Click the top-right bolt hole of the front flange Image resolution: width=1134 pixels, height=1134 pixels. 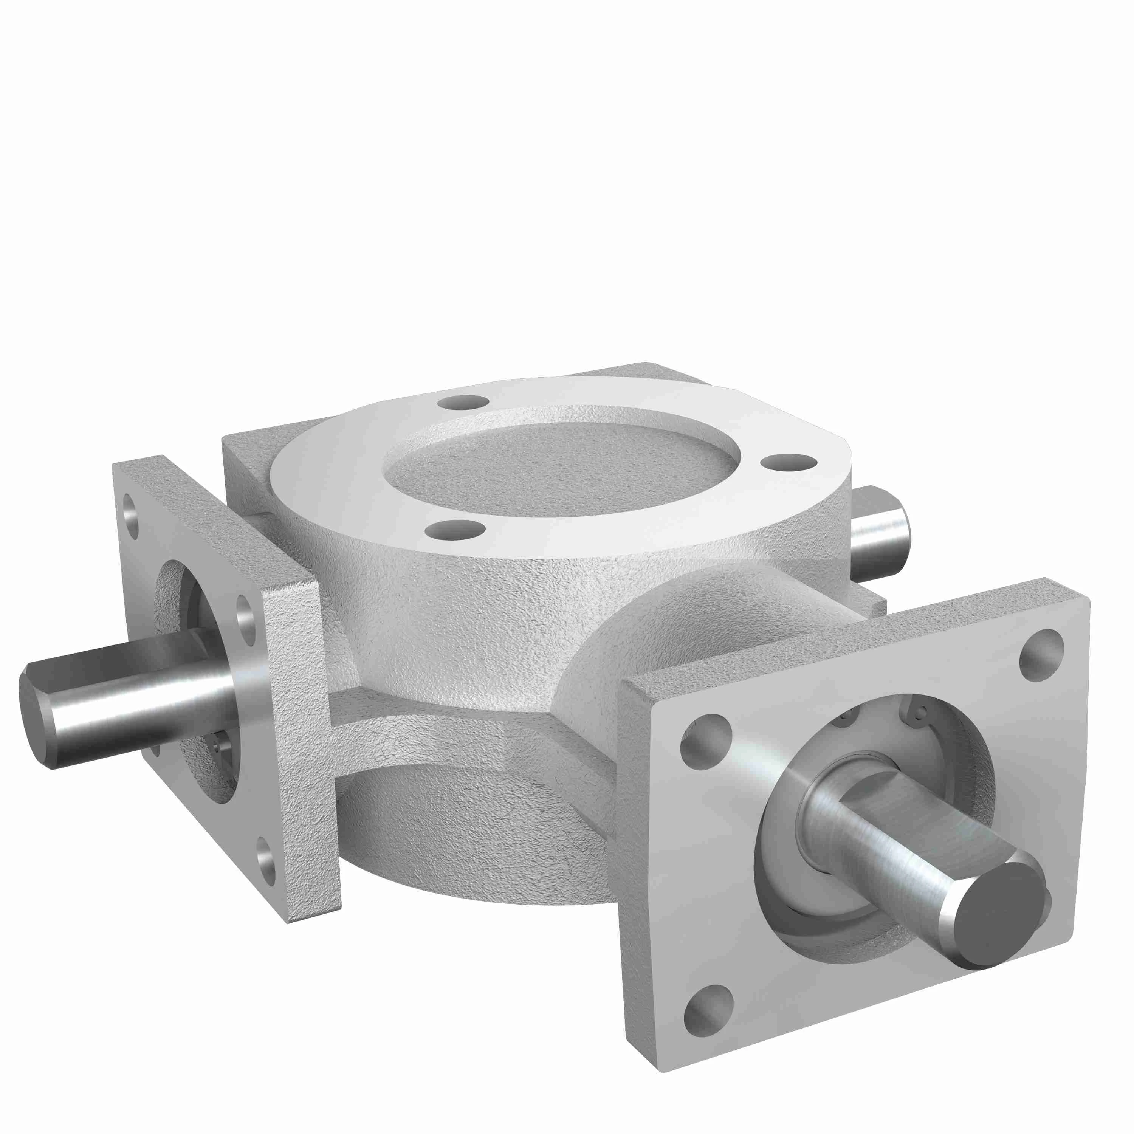[1041, 655]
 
